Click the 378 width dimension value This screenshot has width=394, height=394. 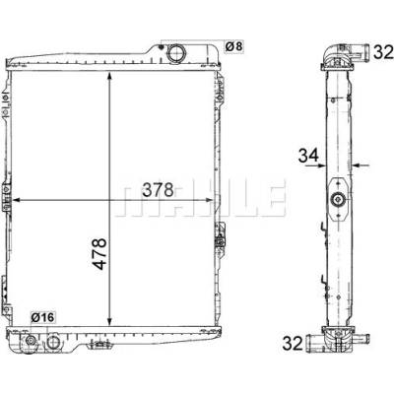pos(158,190)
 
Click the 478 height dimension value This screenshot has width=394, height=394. pos(99,254)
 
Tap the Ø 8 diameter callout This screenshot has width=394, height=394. pos(233,46)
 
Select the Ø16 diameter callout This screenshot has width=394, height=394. pos(42,317)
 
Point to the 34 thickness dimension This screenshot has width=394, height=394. pos(308,156)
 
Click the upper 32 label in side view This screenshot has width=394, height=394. pos(383,52)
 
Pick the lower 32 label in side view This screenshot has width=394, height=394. pos(293,344)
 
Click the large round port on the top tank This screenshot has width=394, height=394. pos(176,53)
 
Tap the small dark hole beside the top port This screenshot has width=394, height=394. pos(161,46)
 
